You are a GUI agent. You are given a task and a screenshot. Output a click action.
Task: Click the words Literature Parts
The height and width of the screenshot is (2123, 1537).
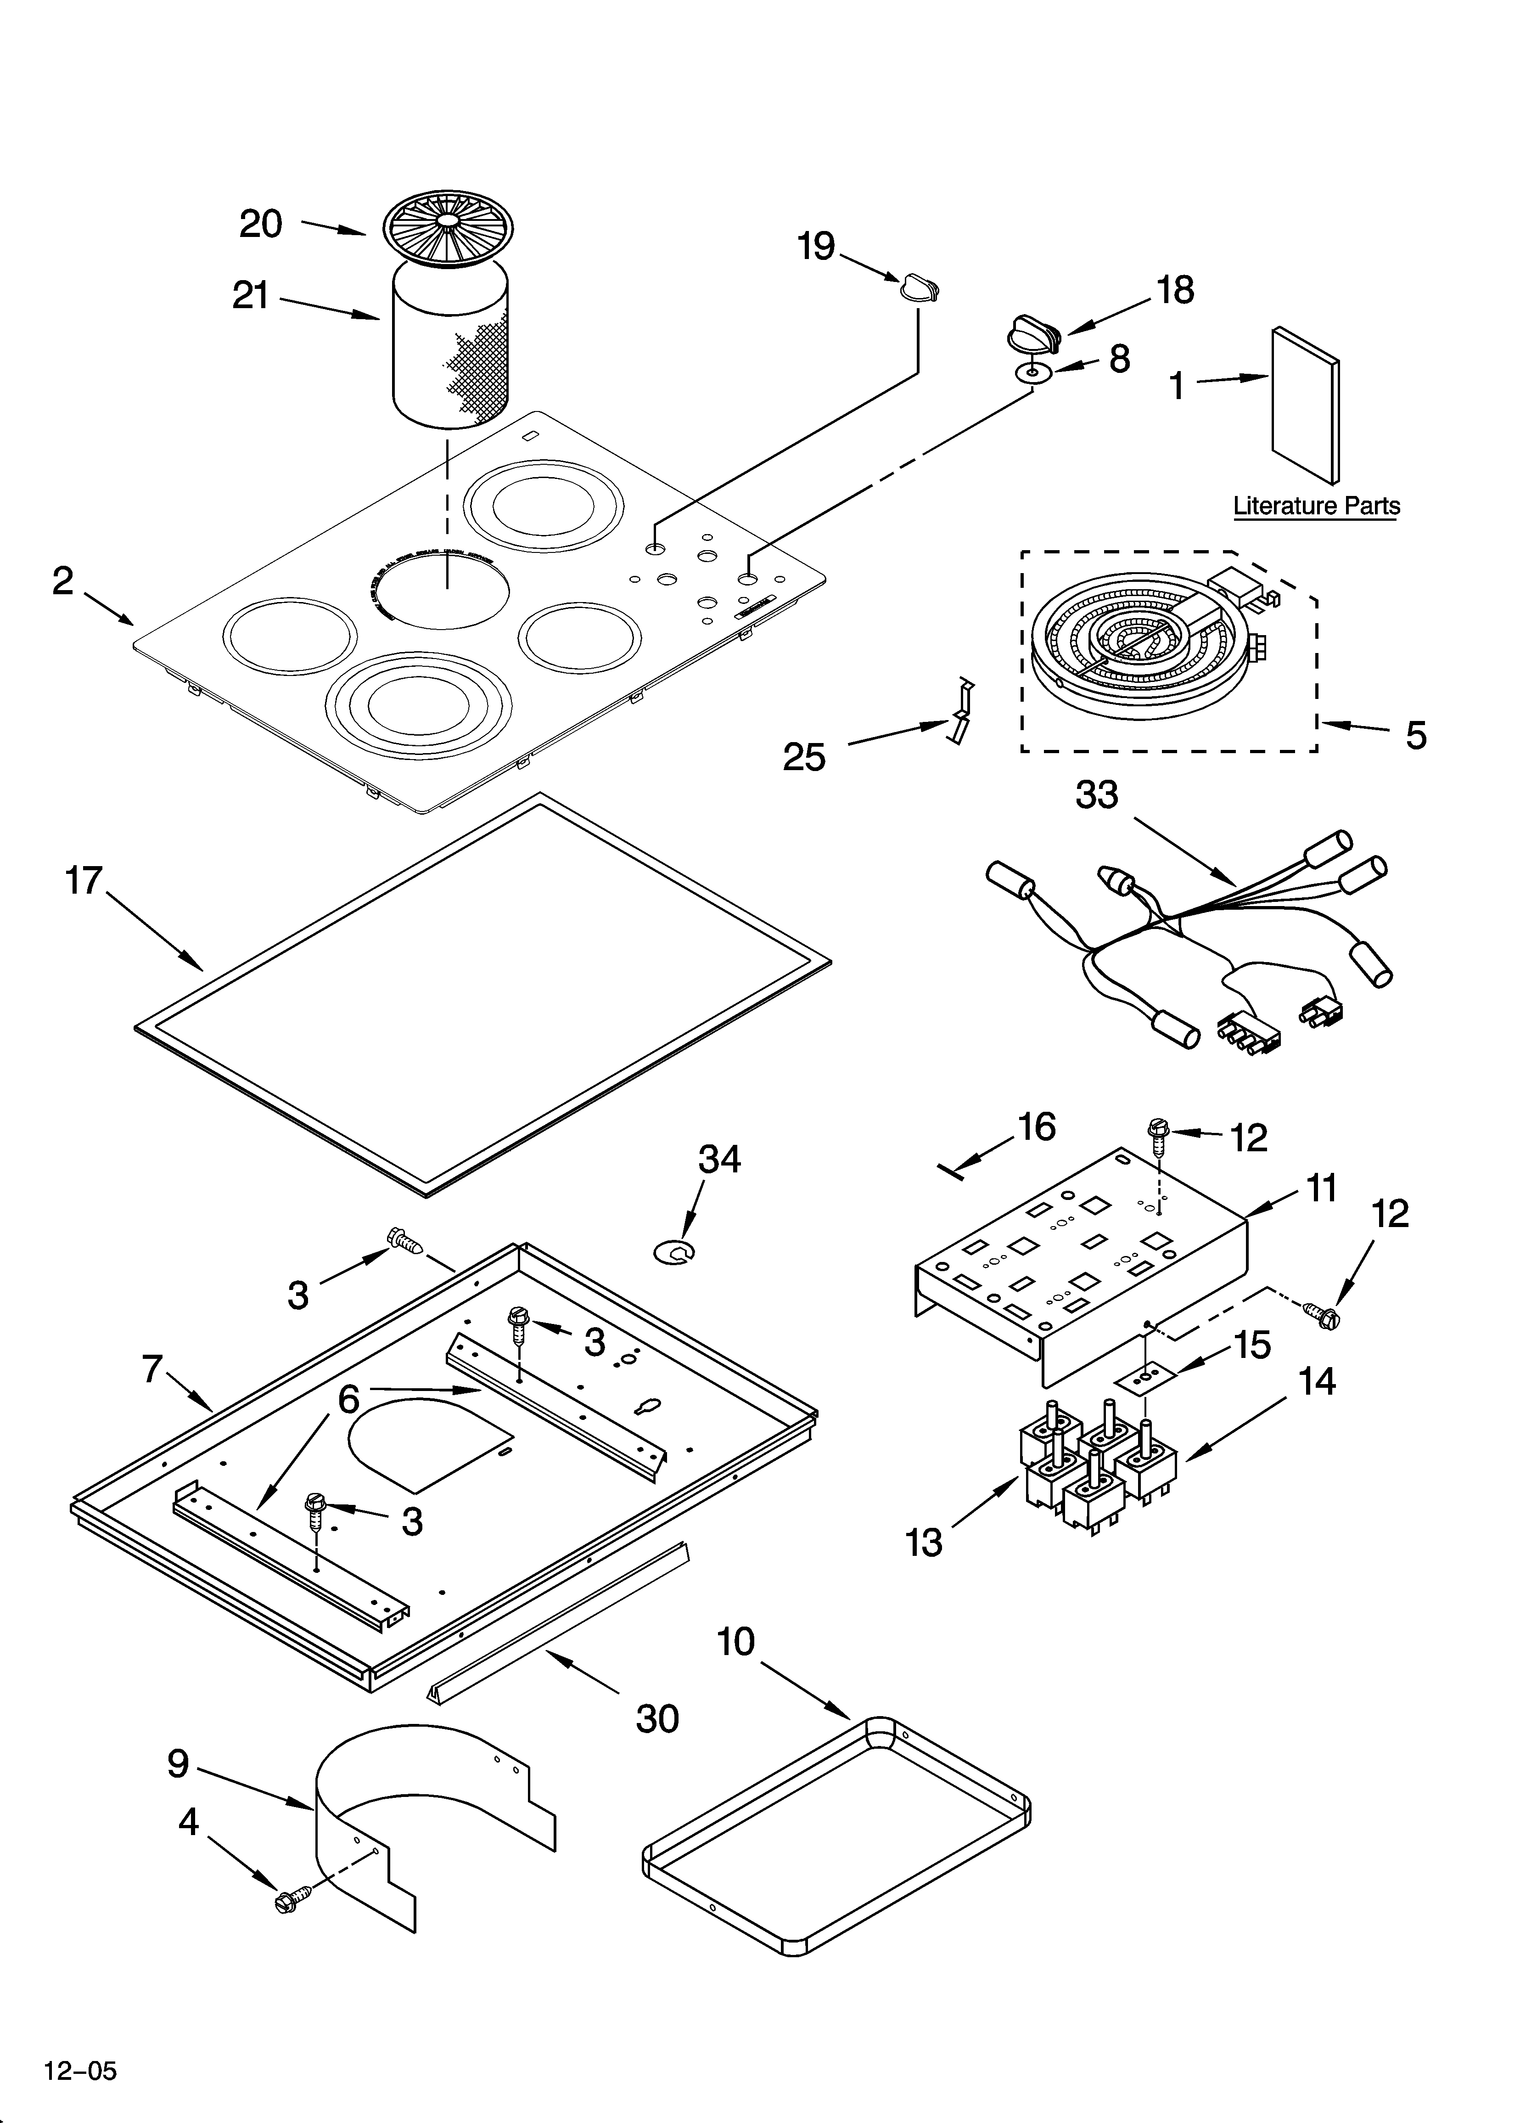click(x=1316, y=507)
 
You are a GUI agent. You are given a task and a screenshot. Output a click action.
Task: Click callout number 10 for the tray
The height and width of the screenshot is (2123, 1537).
click(x=736, y=1642)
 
